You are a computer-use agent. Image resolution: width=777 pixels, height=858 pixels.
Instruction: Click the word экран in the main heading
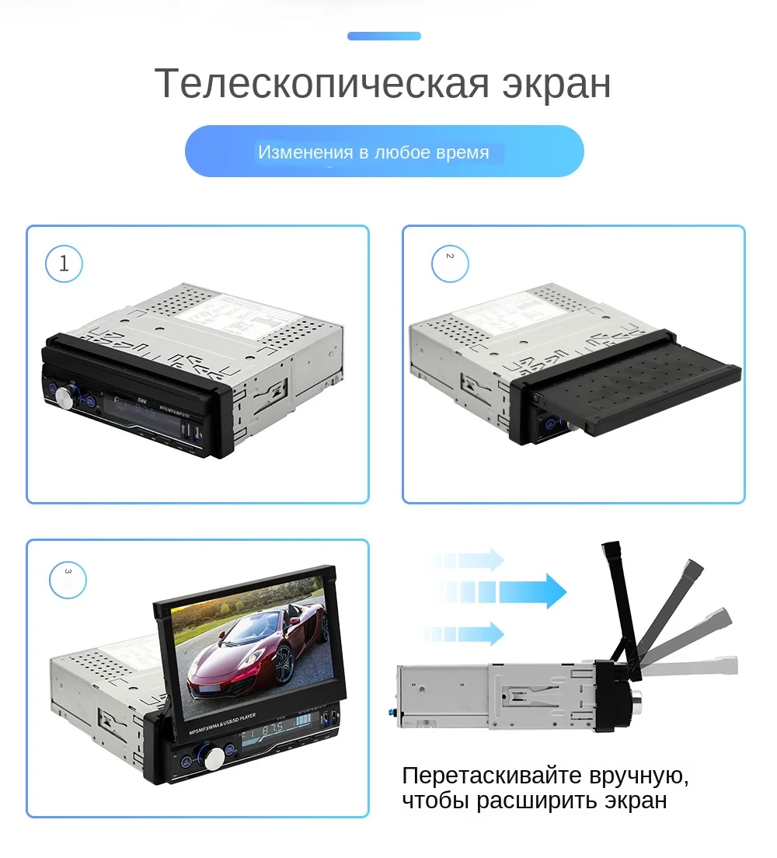tap(556, 84)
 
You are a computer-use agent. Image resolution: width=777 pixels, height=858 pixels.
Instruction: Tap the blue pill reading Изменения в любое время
tap(384, 152)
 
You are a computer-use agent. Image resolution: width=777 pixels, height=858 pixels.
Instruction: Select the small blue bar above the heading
tap(384, 36)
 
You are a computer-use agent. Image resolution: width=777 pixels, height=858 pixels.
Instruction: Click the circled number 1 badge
tap(64, 263)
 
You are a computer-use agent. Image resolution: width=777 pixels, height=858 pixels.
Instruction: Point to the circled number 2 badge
tap(450, 263)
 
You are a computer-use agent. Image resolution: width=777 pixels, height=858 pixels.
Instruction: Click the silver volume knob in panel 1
tap(66, 398)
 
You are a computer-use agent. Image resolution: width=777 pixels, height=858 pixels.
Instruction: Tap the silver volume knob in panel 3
tap(214, 756)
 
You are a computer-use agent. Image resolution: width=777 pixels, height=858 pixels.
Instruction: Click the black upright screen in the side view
tap(619, 606)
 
